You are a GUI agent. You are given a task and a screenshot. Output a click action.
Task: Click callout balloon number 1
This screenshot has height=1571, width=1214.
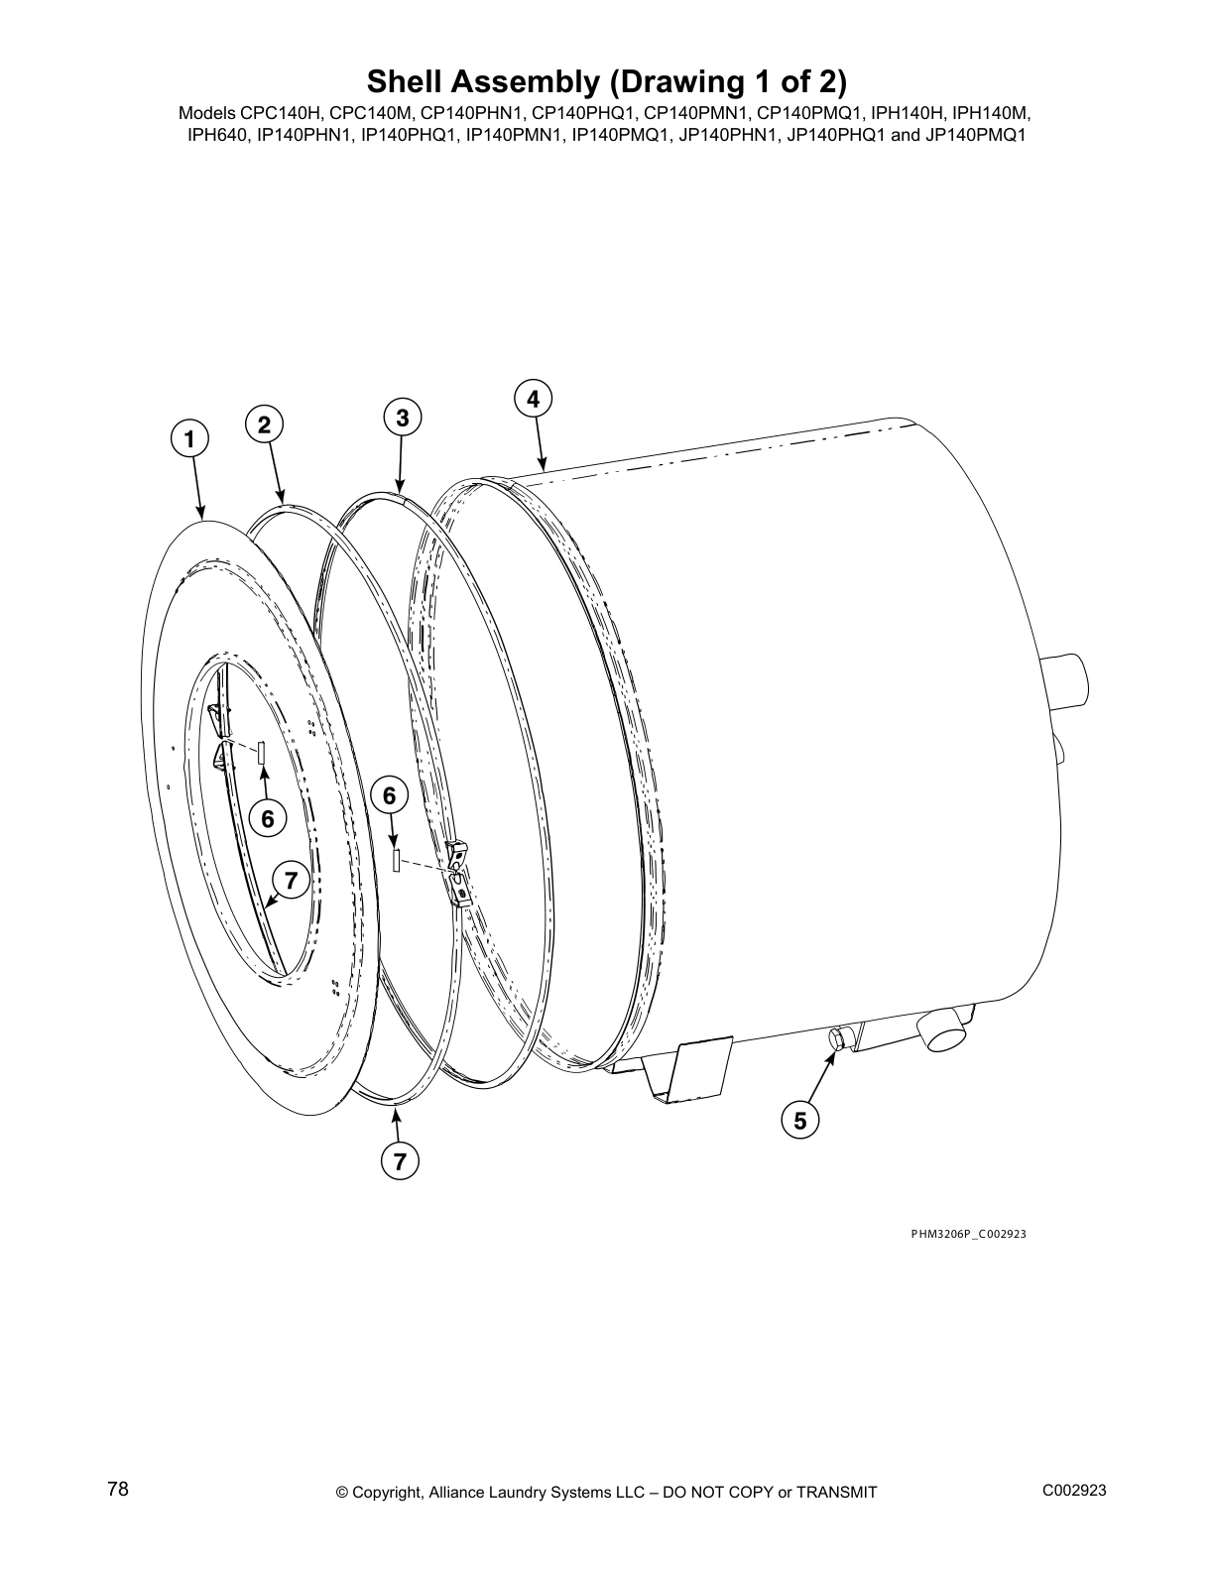pos(188,437)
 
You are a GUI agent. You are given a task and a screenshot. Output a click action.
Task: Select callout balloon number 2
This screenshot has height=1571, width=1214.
pos(264,424)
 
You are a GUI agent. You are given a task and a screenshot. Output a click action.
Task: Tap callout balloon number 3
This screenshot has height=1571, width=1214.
pos(402,418)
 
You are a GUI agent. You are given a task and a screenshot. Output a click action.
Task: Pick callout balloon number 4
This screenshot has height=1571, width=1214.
pos(534,399)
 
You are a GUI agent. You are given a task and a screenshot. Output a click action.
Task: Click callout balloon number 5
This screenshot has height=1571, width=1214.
pos(799,1120)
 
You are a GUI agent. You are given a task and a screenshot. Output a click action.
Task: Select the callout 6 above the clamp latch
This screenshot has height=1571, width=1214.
pos(389,795)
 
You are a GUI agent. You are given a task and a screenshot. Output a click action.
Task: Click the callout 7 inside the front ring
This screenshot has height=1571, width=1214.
pos(291,880)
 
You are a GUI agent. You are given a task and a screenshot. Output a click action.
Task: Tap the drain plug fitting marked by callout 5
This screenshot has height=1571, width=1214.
pos(836,1038)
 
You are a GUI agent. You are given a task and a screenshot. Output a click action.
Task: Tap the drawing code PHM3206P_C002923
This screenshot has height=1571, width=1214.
pos(968,1234)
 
